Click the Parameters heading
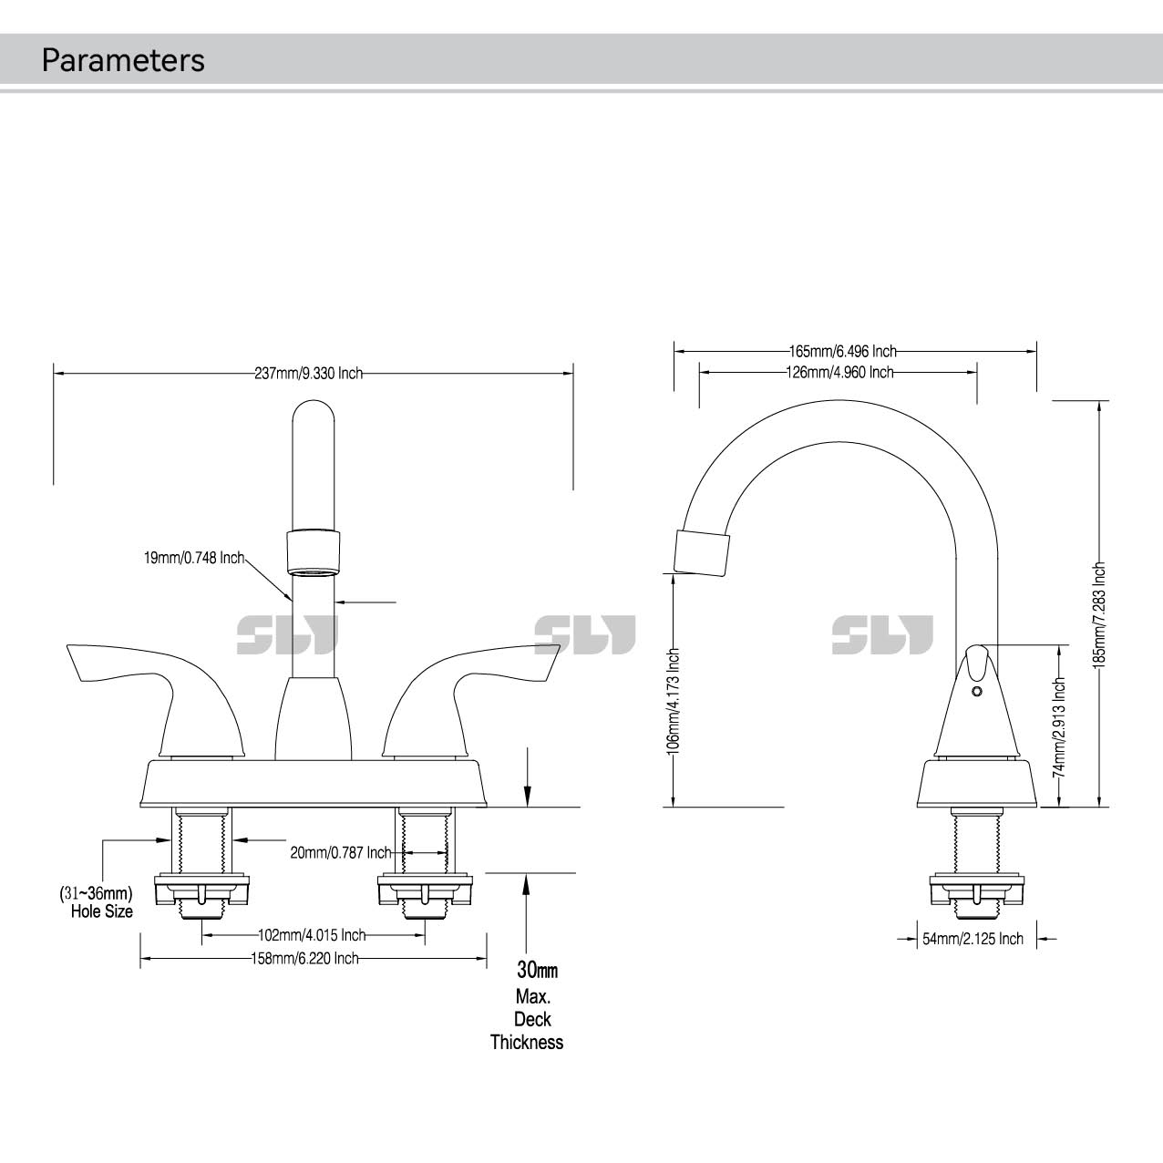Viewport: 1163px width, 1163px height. (123, 60)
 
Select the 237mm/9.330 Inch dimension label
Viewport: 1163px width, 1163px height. (308, 373)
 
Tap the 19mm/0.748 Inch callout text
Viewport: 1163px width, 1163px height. (194, 558)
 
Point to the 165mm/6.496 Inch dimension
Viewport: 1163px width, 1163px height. (842, 351)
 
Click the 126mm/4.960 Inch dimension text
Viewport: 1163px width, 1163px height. (839, 372)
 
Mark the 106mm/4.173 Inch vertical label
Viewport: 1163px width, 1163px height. (674, 699)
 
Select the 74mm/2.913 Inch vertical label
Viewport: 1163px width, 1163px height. (1059, 726)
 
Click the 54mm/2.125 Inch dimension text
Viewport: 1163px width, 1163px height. (973, 939)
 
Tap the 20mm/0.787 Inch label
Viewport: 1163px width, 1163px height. (341, 852)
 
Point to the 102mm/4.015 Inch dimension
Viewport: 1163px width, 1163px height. (312, 935)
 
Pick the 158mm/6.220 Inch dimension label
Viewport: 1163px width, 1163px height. (304, 958)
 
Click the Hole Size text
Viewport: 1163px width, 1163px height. (102, 911)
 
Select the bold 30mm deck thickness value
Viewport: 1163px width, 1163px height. (537, 970)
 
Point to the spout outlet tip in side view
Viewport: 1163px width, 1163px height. (702, 554)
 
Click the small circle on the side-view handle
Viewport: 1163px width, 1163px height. (977, 693)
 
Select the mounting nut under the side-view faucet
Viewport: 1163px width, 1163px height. (976, 890)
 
